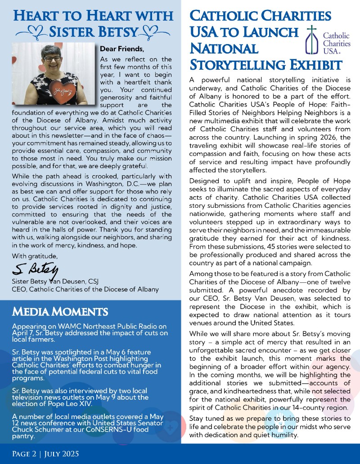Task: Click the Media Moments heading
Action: click(x=60, y=311)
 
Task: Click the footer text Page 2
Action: click(x=26, y=453)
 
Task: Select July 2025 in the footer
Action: click(x=68, y=453)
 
